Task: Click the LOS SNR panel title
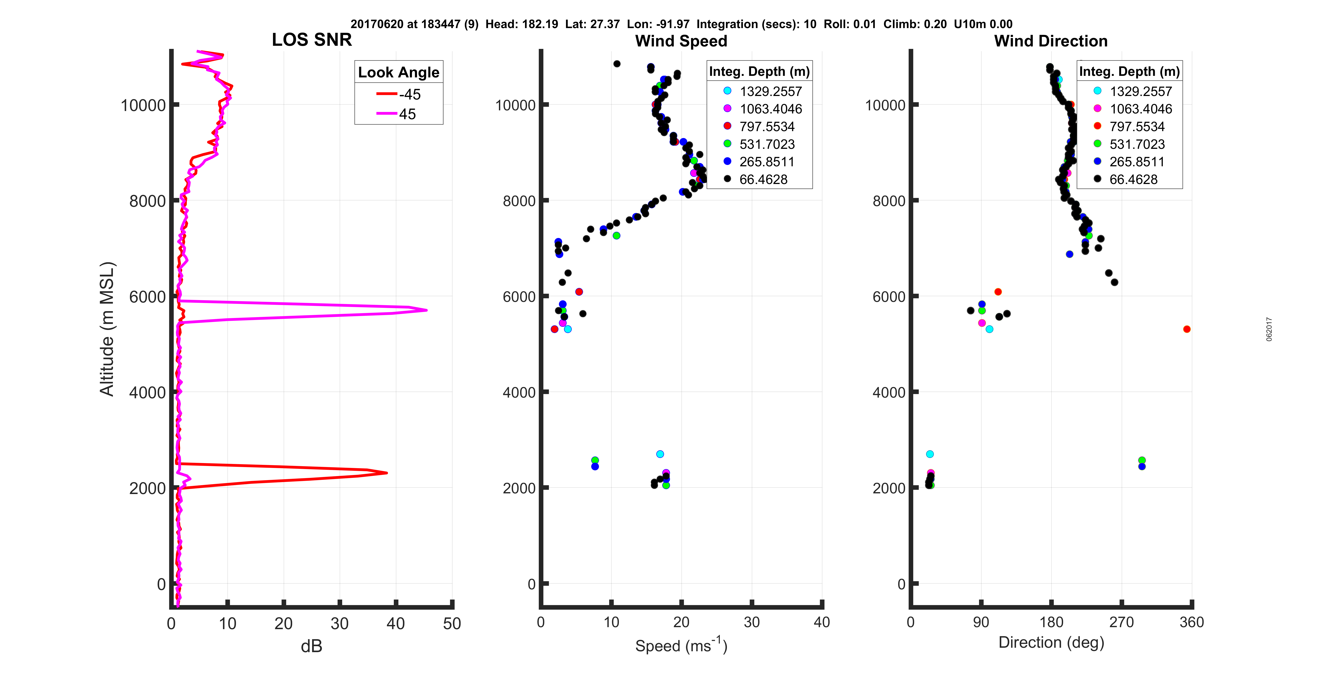311,40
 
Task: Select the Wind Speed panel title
681,41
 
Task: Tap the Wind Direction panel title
1051,41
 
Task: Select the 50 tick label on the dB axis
452,623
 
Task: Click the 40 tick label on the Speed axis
822,622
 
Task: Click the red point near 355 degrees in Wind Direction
1187,329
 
